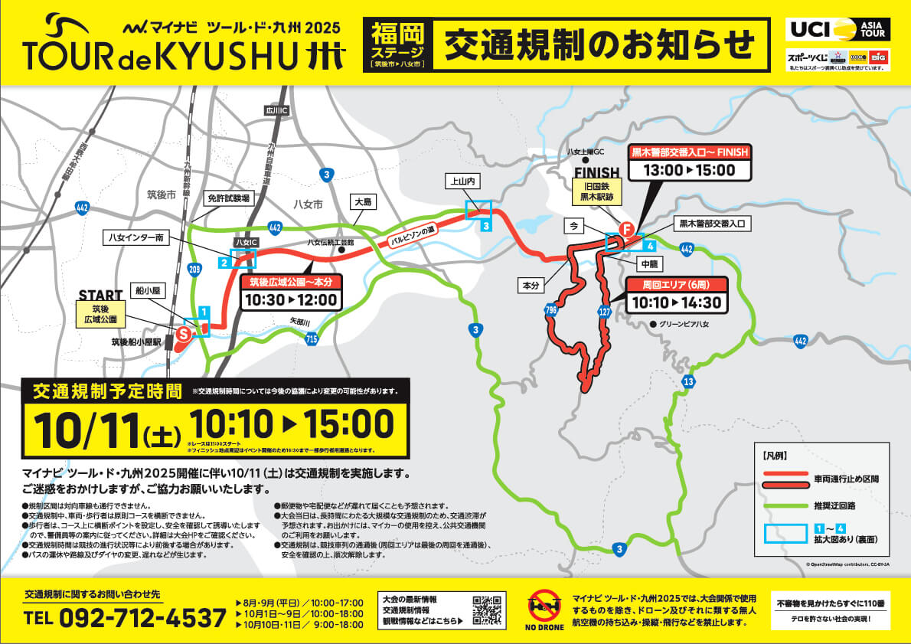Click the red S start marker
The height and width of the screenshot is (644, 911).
point(184,334)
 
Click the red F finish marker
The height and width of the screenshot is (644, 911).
point(626,229)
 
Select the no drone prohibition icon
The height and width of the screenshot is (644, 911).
point(545,606)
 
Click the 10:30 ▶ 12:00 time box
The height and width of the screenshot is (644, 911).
point(290,299)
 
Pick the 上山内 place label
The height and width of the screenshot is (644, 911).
point(462,182)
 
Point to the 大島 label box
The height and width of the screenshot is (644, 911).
point(362,201)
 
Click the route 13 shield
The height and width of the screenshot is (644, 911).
point(689,381)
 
